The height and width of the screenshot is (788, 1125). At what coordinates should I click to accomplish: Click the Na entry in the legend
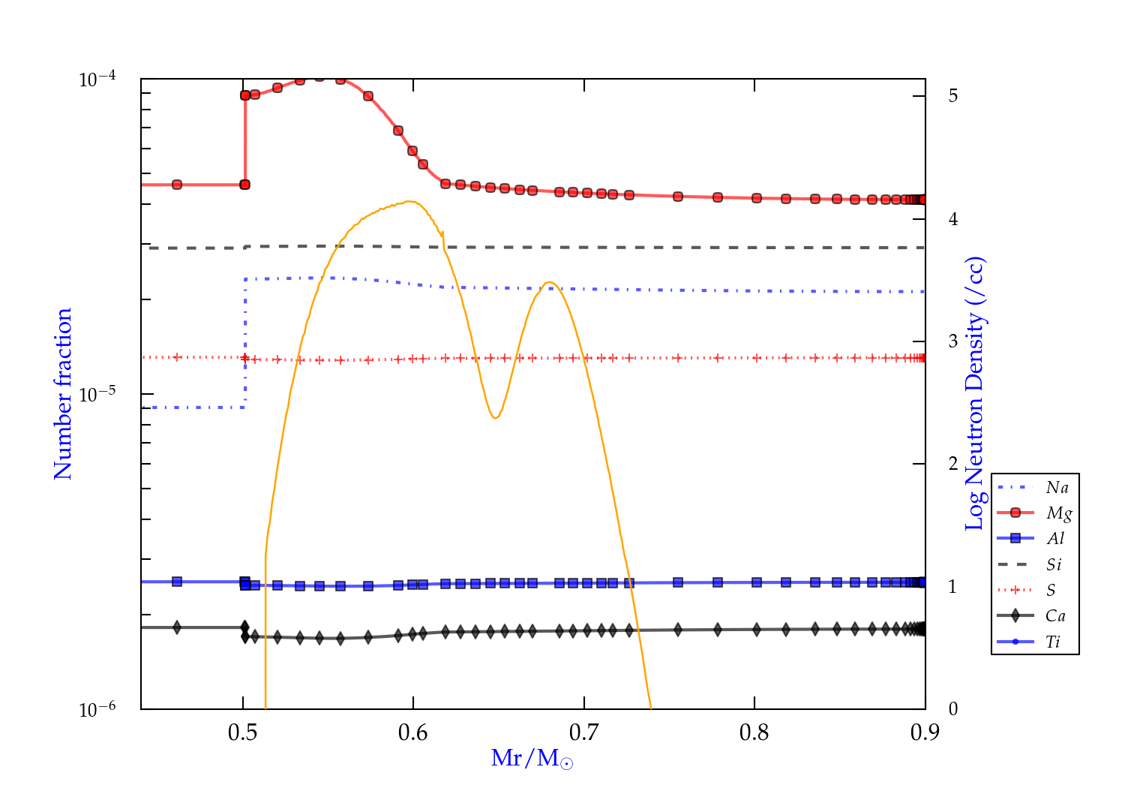(1057, 488)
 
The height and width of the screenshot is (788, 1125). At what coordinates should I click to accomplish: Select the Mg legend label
(1059, 513)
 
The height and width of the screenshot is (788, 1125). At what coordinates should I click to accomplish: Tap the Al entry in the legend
(1056, 539)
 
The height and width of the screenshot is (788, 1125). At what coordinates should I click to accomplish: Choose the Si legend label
(1054, 564)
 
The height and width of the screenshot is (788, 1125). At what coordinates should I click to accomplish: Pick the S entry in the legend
(1051, 591)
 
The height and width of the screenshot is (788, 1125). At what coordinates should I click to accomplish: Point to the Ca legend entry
(1055, 616)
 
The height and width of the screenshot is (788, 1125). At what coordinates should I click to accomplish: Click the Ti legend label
(1053, 642)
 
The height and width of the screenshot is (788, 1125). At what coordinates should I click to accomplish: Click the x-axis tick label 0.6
(413, 733)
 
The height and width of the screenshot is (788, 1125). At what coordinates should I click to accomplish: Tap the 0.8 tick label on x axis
(754, 733)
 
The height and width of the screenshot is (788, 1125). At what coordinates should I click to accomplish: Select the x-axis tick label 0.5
(242, 733)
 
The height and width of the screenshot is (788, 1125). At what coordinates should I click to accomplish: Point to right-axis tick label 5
(952, 96)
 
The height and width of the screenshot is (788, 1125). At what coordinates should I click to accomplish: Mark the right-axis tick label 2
(952, 464)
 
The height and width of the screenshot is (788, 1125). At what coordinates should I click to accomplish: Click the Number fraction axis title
(63, 394)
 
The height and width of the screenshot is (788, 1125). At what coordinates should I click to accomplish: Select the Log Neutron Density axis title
(975, 394)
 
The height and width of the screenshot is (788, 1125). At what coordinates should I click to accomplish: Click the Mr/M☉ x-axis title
(532, 759)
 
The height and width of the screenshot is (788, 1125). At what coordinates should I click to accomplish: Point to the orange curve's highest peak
(410, 201)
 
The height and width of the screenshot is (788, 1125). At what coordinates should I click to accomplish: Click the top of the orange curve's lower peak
(550, 282)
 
